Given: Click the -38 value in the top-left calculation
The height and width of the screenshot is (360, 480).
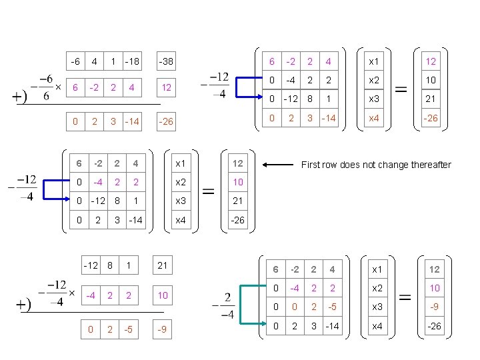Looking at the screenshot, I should [165, 62].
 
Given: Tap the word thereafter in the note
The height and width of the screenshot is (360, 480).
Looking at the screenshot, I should [427, 165].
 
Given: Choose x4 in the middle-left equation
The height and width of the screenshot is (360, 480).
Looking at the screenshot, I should [181, 220].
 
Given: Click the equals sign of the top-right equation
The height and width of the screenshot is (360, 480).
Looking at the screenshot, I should [401, 89].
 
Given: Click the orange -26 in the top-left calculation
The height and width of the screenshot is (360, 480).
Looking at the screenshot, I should [165, 122].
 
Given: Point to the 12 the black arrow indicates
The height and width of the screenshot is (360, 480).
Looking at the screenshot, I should [238, 164].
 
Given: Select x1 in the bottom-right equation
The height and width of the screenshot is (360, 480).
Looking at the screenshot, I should [377, 269].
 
